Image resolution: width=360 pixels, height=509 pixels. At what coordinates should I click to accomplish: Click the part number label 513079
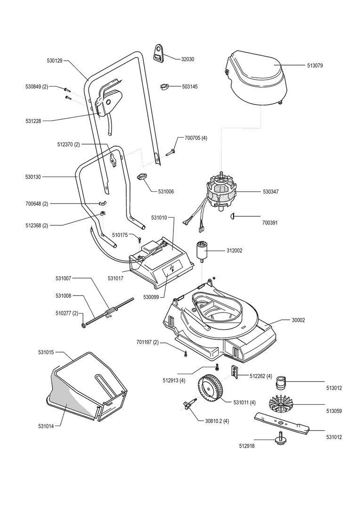(x=315, y=66)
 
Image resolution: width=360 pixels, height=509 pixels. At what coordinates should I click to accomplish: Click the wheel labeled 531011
(x=211, y=389)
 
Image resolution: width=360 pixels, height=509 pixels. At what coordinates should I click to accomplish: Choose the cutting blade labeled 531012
(x=282, y=423)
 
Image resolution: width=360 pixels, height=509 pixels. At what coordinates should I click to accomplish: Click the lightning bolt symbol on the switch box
(x=172, y=269)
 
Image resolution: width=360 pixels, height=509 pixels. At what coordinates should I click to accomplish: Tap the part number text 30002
(x=298, y=320)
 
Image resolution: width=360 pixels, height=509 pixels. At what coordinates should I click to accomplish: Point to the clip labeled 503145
(x=165, y=87)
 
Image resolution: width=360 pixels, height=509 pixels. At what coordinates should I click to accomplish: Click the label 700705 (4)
(x=196, y=138)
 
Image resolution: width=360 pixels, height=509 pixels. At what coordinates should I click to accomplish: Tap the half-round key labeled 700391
(x=232, y=216)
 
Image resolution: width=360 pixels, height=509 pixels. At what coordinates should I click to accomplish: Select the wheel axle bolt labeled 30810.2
(x=188, y=403)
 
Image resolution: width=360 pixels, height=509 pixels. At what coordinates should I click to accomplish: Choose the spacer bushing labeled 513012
(x=280, y=382)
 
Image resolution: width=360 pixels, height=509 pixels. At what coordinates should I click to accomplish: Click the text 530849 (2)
(x=37, y=87)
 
